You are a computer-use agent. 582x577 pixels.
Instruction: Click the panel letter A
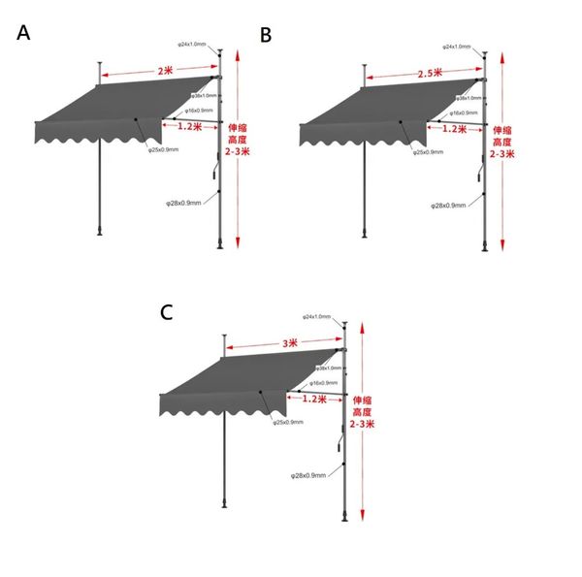24,33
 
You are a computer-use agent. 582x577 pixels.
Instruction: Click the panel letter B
266,36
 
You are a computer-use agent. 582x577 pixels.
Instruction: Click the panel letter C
167,312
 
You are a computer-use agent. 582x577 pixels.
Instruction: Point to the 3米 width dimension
288,343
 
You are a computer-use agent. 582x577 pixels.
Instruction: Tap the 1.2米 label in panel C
313,399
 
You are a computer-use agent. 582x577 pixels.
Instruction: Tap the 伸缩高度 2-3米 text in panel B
501,142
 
